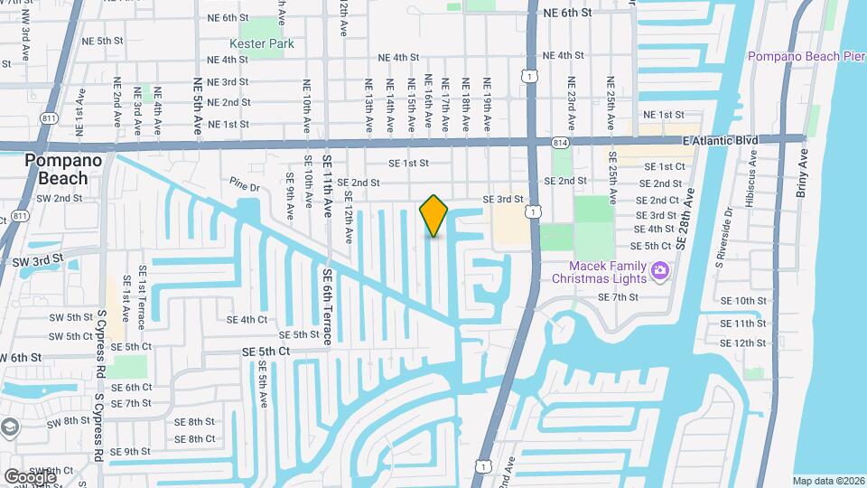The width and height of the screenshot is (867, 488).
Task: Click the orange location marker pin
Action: (x=433, y=216)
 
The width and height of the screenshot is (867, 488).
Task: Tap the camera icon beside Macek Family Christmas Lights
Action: (x=660, y=269)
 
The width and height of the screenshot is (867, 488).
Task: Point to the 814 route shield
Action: (x=561, y=143)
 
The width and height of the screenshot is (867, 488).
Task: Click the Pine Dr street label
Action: (x=244, y=188)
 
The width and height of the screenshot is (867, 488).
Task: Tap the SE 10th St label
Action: (x=743, y=301)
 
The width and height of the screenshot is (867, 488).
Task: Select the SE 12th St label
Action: (x=743, y=343)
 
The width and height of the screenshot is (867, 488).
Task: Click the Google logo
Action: (x=30, y=476)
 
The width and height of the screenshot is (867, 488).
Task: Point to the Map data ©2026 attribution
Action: (x=827, y=481)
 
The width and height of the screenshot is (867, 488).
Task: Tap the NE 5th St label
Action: (x=102, y=42)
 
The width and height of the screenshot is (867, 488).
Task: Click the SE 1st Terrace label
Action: (x=141, y=305)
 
